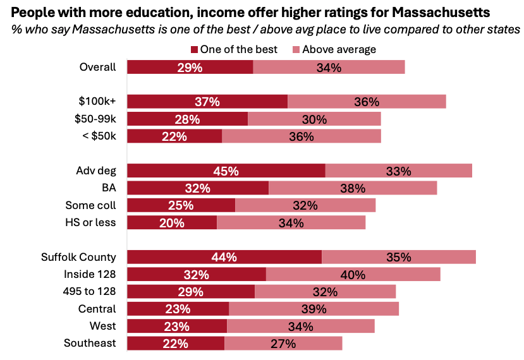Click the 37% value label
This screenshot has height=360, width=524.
[x=207, y=102]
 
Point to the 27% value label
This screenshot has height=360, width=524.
[x=283, y=343]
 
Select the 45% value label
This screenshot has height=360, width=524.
[x=226, y=171]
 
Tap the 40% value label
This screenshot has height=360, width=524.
[x=353, y=274]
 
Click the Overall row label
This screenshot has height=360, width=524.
[x=98, y=67]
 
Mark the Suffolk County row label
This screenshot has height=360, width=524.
[x=79, y=257]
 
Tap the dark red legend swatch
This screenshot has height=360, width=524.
[x=195, y=49]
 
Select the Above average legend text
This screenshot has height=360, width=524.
[x=339, y=49]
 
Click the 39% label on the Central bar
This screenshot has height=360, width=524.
[x=314, y=309]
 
